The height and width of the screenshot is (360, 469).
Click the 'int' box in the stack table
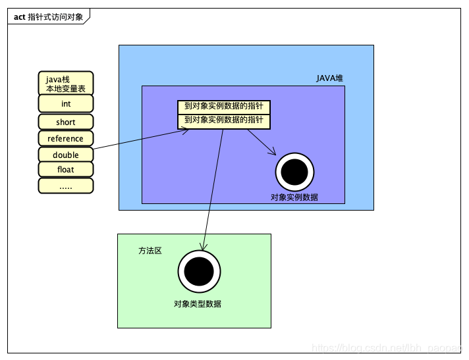click(66, 104)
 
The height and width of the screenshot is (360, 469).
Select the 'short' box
click(66, 122)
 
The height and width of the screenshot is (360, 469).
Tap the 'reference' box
click(66, 138)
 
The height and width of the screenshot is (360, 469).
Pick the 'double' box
click(66, 155)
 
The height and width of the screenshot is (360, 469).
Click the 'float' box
click(66, 170)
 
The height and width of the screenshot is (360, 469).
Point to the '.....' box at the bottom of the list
click(66, 186)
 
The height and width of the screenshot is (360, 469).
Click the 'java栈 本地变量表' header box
click(66, 83)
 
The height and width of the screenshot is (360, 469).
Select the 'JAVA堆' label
click(329, 78)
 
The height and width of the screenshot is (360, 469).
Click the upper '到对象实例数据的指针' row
click(224, 107)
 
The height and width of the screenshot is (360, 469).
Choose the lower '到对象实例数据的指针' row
click(224, 120)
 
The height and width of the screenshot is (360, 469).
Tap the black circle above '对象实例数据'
click(294, 172)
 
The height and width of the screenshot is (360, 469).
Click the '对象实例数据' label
click(294, 197)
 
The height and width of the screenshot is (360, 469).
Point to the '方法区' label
click(150, 251)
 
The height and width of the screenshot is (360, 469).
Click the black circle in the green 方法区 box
click(199, 271)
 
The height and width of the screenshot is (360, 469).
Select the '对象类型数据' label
click(198, 303)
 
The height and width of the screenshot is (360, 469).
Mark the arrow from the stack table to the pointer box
click(138, 140)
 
